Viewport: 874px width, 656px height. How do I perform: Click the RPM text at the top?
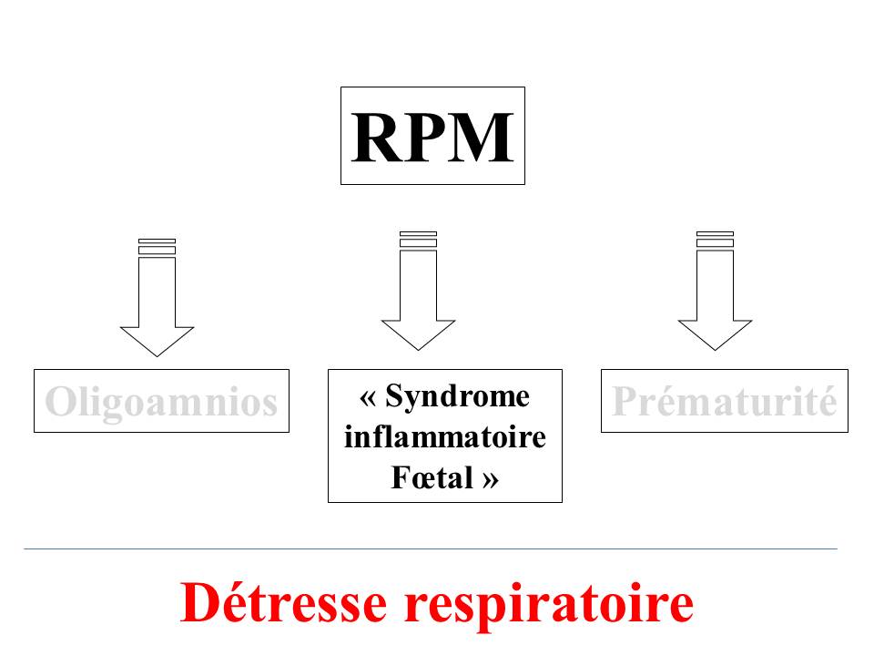pos(432,137)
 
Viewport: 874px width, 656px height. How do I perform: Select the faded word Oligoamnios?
pos(161,401)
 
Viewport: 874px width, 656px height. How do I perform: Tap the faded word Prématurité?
pos(724,401)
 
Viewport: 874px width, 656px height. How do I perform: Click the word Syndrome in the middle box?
pos(457,397)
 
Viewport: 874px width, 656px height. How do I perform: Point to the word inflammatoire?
pos(445,437)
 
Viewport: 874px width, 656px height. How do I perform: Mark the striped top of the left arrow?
pos(157,247)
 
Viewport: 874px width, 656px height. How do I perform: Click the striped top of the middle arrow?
pos(418,239)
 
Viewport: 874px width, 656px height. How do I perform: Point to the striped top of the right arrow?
pos(715,239)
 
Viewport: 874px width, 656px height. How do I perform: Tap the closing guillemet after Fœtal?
pos(490,478)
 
